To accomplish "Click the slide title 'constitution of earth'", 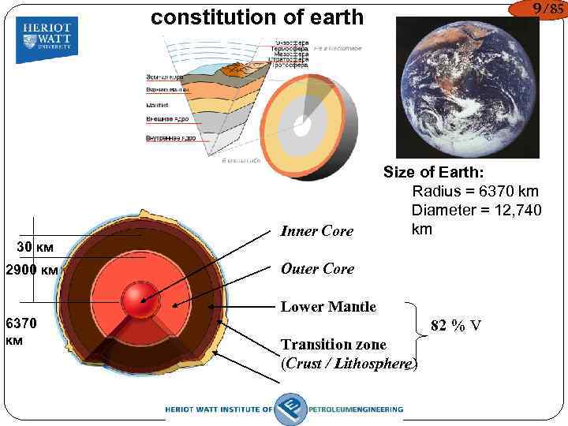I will pos(257,17).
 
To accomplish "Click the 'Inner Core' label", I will pos(316,231).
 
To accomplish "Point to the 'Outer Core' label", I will pos(317,268).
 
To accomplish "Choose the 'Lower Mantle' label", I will pos(328,307).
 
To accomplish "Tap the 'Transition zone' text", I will pos(333,345).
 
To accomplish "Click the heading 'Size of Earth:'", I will pos(433,172).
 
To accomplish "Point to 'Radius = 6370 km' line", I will pos(475,192).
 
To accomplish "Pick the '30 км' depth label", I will pos(36,247).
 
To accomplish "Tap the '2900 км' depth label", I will pos(32,270).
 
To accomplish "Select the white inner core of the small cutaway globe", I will pos(303,121).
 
